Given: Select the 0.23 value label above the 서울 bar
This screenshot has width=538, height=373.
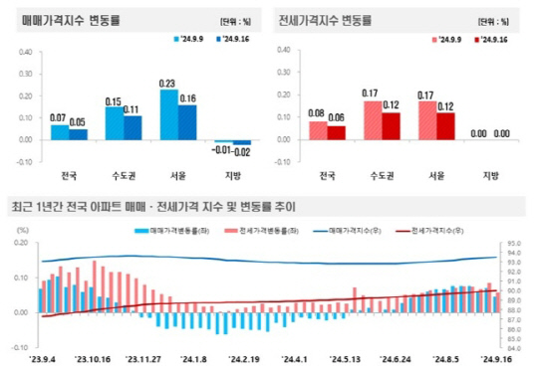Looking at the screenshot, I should click(167, 83).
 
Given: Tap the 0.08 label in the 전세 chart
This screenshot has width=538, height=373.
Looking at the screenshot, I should click(318, 113).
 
